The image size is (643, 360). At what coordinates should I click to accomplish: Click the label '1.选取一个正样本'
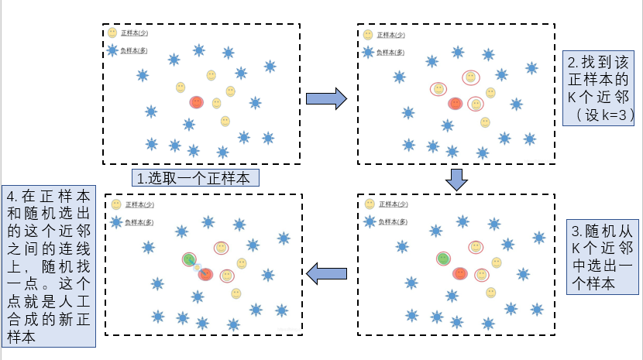tap(194, 178)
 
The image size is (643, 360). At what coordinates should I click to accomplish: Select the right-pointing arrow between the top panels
tap(325, 98)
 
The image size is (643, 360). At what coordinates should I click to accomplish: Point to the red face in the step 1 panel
tap(196, 102)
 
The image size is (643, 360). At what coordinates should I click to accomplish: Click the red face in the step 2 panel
tap(455, 103)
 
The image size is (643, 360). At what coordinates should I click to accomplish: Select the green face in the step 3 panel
tap(443, 258)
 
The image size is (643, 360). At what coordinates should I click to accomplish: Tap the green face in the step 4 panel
tap(188, 259)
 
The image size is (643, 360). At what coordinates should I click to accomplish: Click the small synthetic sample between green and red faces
tap(198, 267)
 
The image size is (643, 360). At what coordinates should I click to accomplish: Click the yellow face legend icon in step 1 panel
tap(113, 33)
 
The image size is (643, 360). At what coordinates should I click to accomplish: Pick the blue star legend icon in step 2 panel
tap(368, 52)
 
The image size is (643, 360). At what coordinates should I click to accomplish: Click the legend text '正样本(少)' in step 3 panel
tap(396, 204)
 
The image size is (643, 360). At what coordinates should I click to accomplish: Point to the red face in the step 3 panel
tap(460, 273)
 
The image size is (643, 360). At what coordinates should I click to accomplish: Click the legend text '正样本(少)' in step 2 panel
tap(390, 35)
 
